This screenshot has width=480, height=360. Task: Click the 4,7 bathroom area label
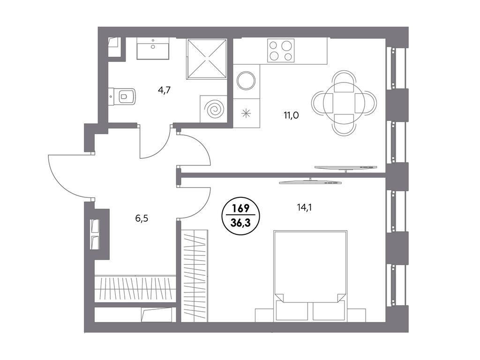pos(164,90)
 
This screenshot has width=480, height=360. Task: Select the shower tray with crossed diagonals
pos(207,59)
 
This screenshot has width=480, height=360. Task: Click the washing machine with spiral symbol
pos(214,110)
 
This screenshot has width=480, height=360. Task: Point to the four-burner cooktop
pos(281,51)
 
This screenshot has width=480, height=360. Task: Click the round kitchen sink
pos(246,81)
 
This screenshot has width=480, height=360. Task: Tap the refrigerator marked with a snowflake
pos(246,113)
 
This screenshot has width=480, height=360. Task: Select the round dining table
pos(344,103)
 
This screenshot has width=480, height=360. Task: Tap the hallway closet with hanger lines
pos(135,289)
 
